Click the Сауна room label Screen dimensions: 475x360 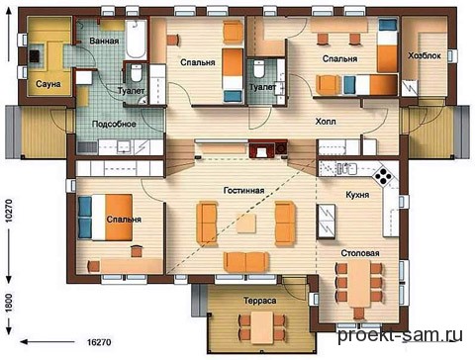tap(48, 84)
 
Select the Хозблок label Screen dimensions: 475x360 tap(425, 55)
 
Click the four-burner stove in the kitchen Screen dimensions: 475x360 tap(384, 176)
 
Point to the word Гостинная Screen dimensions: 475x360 tap(243, 191)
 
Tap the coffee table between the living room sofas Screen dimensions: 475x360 tap(246, 224)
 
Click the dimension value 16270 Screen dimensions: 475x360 tap(99, 342)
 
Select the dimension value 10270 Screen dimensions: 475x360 tap(9, 211)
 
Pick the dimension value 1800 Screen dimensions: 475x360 tap(9, 303)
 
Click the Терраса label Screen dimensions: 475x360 tap(260, 301)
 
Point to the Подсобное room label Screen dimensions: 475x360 tap(114, 124)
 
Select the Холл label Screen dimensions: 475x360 tap(326, 122)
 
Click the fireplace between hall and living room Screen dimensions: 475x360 tap(262, 149)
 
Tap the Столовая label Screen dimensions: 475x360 tap(360, 253)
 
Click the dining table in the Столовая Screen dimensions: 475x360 tap(360, 284)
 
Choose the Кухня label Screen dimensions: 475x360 tap(357, 195)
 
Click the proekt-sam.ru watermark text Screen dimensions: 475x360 tap(400, 335)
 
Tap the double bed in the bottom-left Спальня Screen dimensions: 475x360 tap(105, 217)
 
